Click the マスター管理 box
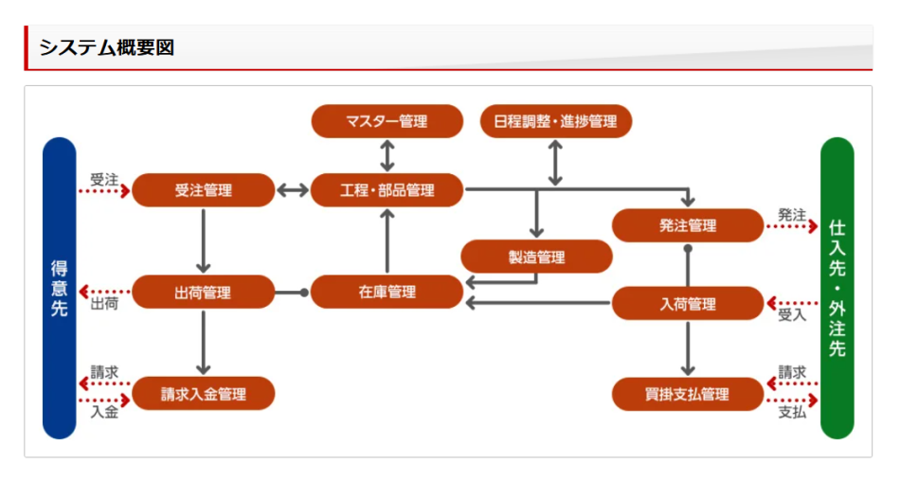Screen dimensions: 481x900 pos(387,121)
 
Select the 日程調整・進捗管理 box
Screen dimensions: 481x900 pos(555,121)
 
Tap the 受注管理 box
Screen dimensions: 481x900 pos(203,189)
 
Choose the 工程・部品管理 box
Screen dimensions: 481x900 pos(387,189)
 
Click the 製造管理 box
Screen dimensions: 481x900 pos(536,257)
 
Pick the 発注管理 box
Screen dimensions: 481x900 pos(687,225)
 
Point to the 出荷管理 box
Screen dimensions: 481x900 pos(203,293)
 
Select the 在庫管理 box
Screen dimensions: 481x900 pos(387,293)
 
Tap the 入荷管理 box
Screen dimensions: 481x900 pos(687,304)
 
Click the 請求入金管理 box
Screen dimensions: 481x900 pos(203,394)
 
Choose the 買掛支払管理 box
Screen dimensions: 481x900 pos(687,394)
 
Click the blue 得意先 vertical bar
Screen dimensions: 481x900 pos(59,288)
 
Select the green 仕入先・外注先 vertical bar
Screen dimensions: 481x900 pos(837,288)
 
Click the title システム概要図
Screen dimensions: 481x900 pos(106,47)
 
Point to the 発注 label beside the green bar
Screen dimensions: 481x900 pos(791,215)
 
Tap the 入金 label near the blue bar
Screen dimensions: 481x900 pos(104,412)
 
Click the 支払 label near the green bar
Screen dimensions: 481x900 pos(791,413)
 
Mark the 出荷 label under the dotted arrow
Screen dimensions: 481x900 pos(104,305)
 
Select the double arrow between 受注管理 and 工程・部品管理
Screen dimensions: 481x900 pos(293,190)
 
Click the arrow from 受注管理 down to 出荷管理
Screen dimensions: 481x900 pos(203,240)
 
